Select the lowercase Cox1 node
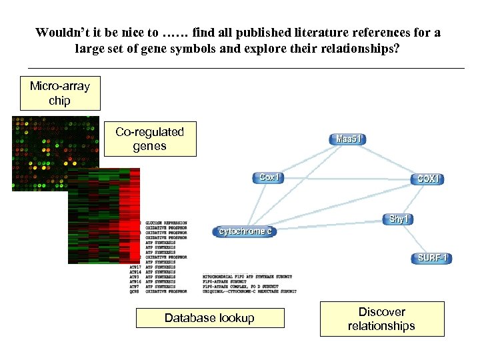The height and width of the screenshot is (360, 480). (269, 177)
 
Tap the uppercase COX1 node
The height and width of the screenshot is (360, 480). (429, 179)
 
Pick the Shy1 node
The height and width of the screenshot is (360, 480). (397, 219)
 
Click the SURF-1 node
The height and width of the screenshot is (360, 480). (434, 258)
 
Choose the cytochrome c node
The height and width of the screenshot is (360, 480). (243, 231)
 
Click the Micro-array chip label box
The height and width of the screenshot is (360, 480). (60, 93)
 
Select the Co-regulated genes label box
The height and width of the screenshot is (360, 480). (150, 139)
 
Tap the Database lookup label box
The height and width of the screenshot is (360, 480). (209, 318)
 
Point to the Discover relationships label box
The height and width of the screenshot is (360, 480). (381, 319)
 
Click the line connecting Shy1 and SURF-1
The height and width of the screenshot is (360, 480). (415, 238)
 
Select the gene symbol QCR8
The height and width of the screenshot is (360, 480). (133, 291)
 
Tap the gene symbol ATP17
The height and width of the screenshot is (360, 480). (134, 267)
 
